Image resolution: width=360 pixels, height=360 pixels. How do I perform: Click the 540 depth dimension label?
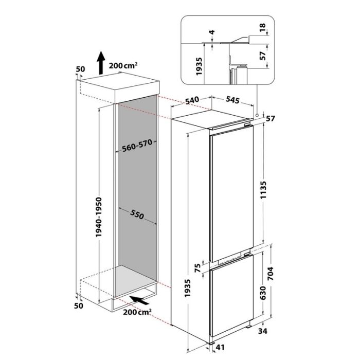coord(192,100)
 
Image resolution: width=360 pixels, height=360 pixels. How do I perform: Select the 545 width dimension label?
coord(232,100)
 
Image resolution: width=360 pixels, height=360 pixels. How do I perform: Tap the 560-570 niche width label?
coord(137,146)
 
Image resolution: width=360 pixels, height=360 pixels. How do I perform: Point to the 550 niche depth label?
coord(137,214)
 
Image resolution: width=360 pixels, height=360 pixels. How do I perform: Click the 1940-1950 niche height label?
coord(99,217)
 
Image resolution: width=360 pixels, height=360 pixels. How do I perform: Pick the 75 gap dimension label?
coord(197,268)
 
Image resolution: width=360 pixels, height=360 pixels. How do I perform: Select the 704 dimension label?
coord(271,274)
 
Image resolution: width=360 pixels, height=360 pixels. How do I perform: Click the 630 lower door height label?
coord(263,293)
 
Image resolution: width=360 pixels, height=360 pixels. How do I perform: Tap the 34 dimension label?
coord(263,331)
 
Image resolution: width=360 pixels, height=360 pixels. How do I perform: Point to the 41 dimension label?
coord(220,347)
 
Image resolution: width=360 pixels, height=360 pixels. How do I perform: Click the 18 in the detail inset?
coord(262,27)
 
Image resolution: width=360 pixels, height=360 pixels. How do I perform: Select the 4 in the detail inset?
coord(212,32)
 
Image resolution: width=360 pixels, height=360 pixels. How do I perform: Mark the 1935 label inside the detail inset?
coord(199,66)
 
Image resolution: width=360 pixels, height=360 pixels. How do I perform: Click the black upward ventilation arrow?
coord(101,63)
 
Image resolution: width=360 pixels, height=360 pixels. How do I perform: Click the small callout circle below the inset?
coord(257,115)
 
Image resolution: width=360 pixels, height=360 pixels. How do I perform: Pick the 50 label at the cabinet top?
coord(80,69)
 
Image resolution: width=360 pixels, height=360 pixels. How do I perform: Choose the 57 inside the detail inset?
coord(262,56)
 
